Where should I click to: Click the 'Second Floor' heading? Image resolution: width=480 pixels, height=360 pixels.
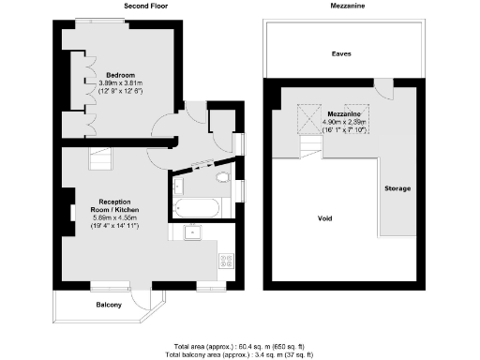[145, 6]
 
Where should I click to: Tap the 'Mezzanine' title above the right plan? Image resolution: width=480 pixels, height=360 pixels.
[348, 6]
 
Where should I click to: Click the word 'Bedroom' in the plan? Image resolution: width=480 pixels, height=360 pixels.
[121, 74]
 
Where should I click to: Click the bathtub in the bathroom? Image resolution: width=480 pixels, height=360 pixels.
[196, 206]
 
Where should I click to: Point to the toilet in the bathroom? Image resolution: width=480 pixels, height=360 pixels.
[222, 178]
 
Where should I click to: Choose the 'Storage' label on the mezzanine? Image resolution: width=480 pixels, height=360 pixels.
[397, 189]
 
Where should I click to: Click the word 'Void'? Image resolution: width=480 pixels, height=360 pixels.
[325, 217]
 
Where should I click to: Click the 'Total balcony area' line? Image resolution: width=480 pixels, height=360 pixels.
[239, 354]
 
